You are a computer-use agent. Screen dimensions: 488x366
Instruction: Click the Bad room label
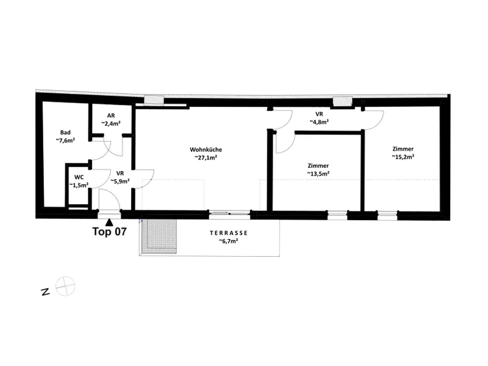[x=65, y=132]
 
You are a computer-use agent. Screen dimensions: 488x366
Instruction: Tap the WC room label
[x=79, y=178]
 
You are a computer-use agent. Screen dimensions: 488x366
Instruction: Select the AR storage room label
[x=111, y=116]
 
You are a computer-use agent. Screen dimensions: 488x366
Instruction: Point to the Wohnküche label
[x=206, y=149]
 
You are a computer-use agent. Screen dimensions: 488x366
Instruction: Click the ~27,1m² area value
[x=206, y=157]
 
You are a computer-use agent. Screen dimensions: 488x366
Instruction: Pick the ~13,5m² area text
[x=318, y=174]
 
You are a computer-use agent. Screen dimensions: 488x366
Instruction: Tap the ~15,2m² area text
[x=403, y=157]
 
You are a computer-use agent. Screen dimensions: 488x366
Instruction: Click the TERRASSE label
[x=229, y=233]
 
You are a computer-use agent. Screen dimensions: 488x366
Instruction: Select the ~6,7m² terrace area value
[x=228, y=241]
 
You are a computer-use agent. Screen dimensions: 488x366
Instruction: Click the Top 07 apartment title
[x=109, y=232]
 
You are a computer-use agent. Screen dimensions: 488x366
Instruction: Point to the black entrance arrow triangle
[x=109, y=222]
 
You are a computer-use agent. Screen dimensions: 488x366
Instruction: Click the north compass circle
[x=65, y=286]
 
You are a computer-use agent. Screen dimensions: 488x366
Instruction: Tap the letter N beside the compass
[x=45, y=292]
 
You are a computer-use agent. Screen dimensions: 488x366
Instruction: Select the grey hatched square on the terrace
[x=159, y=236]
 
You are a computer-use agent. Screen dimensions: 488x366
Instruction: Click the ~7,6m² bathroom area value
[x=65, y=140]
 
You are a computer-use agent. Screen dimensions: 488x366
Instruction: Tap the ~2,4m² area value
[x=111, y=124]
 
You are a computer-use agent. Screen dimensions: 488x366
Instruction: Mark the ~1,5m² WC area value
[x=79, y=185]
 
